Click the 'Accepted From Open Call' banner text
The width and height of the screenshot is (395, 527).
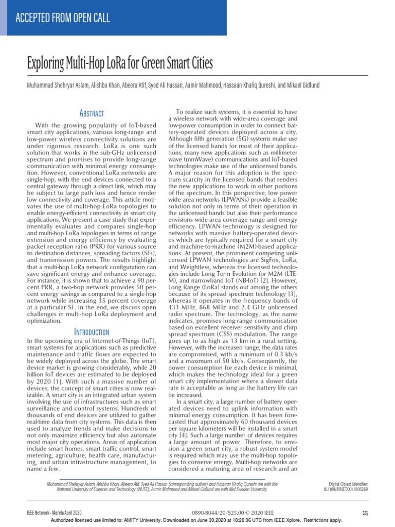pos(62,19)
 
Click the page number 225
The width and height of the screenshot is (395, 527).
pos(365,513)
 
